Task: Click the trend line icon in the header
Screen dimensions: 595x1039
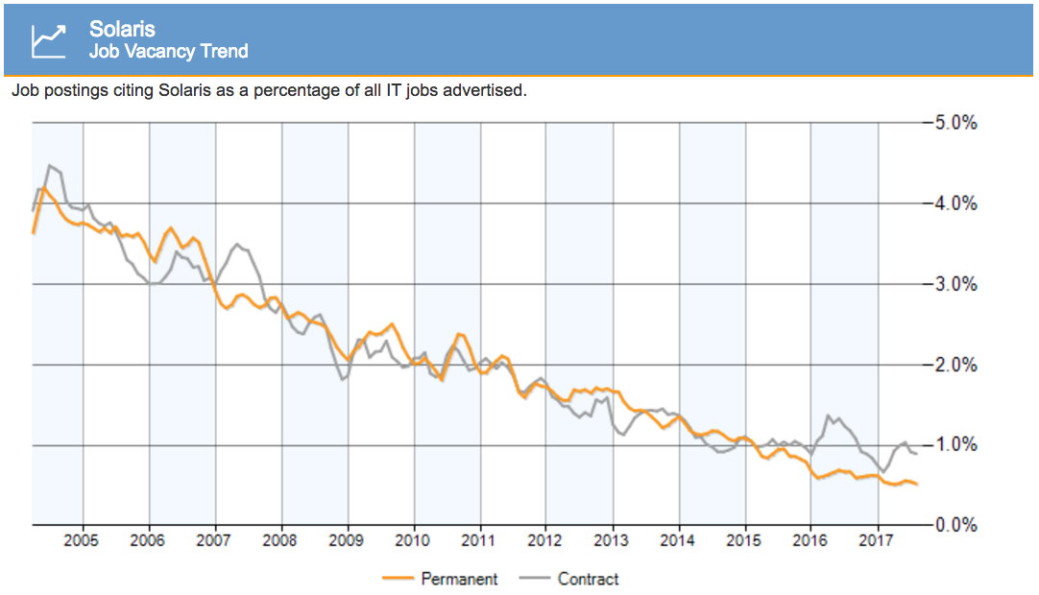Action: point(48,39)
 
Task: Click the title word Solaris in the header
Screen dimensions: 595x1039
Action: point(122,30)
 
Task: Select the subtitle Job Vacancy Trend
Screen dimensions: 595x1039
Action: point(168,52)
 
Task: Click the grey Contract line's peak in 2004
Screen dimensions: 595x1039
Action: point(49,166)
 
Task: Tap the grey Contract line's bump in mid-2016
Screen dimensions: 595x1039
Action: point(828,416)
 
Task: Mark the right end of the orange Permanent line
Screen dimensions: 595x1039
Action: point(917,484)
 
